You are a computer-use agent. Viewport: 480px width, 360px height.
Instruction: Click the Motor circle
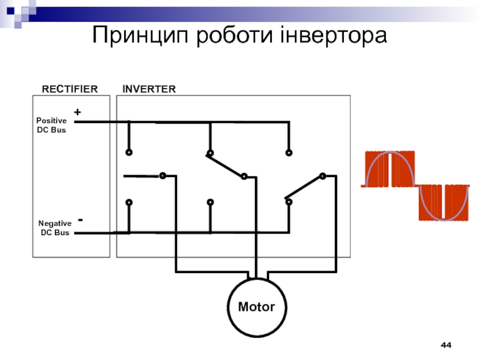point(256,307)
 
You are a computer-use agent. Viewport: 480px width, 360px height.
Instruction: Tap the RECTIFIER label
point(69,89)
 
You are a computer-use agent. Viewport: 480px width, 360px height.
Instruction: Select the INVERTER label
point(149,89)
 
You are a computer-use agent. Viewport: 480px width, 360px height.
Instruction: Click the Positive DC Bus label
point(52,125)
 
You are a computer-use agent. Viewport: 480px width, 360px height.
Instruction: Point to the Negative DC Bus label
point(55,227)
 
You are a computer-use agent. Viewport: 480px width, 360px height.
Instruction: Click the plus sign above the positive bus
point(77,112)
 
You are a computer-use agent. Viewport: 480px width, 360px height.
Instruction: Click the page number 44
point(446,346)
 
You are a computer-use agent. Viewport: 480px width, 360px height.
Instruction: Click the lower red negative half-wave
point(444,203)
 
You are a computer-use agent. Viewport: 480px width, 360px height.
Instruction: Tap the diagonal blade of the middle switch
point(226,166)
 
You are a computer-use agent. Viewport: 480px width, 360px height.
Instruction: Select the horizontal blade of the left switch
point(142,176)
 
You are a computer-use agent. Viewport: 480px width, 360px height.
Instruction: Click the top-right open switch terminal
point(289,153)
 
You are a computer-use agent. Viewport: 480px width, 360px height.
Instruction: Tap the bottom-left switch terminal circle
point(128,202)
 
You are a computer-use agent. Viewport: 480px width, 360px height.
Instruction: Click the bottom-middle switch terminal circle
point(210,202)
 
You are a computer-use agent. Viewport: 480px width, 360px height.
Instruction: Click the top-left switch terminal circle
point(128,152)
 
